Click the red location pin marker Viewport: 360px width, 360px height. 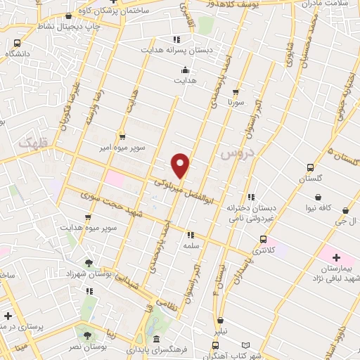click(x=181, y=165)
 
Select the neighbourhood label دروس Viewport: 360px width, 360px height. click(x=234, y=153)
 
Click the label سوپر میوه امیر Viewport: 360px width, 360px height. click(x=141, y=150)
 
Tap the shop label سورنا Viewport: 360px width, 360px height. click(x=235, y=102)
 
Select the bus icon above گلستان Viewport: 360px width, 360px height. click(x=310, y=167)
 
